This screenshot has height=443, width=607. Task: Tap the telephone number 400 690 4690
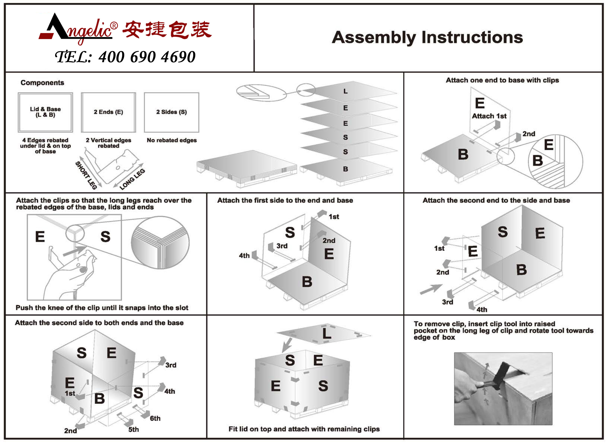point(147,57)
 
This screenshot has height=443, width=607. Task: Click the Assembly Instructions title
point(427,37)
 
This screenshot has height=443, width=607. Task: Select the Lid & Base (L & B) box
point(45,112)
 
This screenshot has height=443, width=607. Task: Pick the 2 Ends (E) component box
point(109,112)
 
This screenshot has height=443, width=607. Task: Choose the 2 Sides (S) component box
point(171,112)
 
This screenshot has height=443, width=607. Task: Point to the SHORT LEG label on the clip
point(86,175)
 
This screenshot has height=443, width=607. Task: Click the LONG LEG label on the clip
point(132,179)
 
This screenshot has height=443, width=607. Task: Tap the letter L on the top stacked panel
point(345,92)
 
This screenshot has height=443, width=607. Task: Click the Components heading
point(42,83)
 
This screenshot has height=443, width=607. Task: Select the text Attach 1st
point(489,116)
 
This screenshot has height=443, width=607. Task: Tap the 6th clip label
point(155,418)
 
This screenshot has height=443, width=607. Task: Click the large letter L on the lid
point(326,334)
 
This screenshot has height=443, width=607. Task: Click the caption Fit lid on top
point(304,429)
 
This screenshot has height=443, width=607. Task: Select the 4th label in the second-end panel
point(482,310)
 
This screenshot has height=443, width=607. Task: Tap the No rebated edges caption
point(172,140)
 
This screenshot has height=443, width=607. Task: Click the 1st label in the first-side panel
point(334,217)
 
